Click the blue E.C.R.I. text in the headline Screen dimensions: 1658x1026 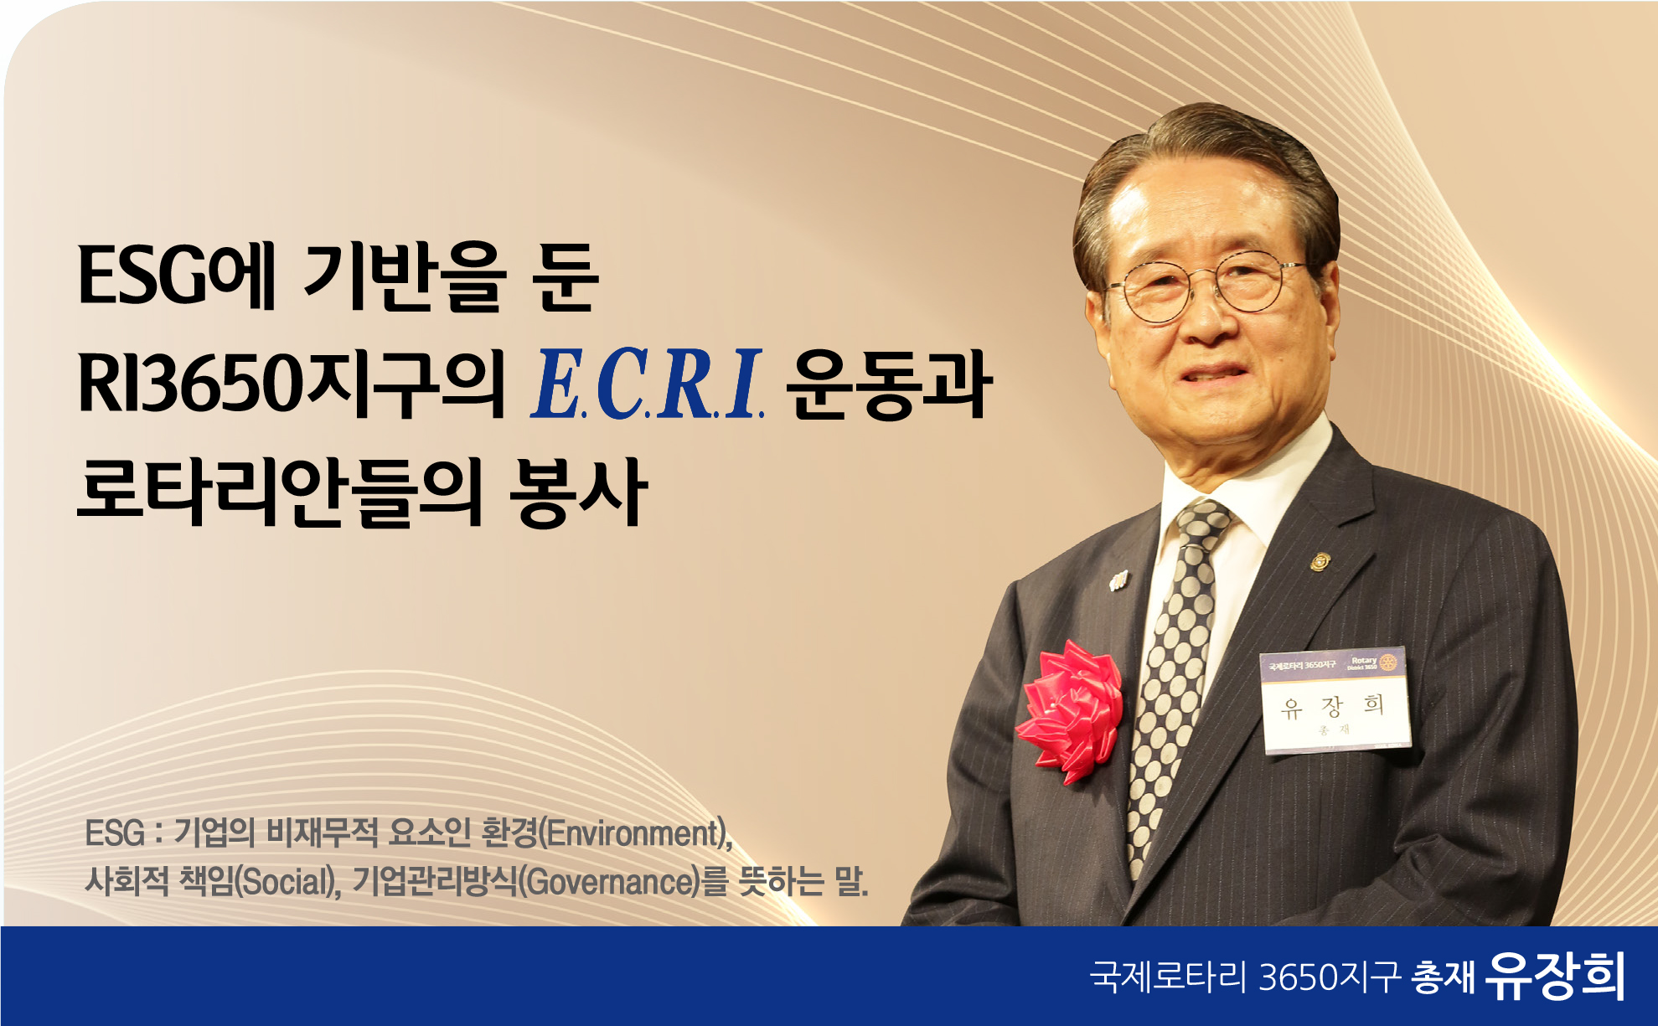[x=648, y=383]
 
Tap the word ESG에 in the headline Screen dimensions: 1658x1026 [x=177, y=276]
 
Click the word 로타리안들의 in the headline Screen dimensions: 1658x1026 [x=280, y=492]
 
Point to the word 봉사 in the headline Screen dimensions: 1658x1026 [x=579, y=492]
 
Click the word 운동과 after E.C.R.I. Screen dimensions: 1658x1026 [x=889, y=384]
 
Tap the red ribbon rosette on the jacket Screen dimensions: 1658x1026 [x=1070, y=710]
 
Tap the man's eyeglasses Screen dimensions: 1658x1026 [x=1206, y=287]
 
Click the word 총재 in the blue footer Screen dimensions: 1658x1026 [x=1444, y=977]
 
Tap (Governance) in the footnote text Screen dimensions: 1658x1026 [x=609, y=882]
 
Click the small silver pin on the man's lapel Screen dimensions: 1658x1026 [x=1118, y=580]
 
